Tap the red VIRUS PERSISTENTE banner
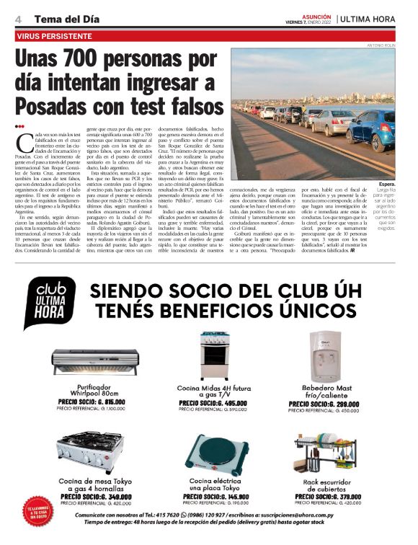coord(57,35)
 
